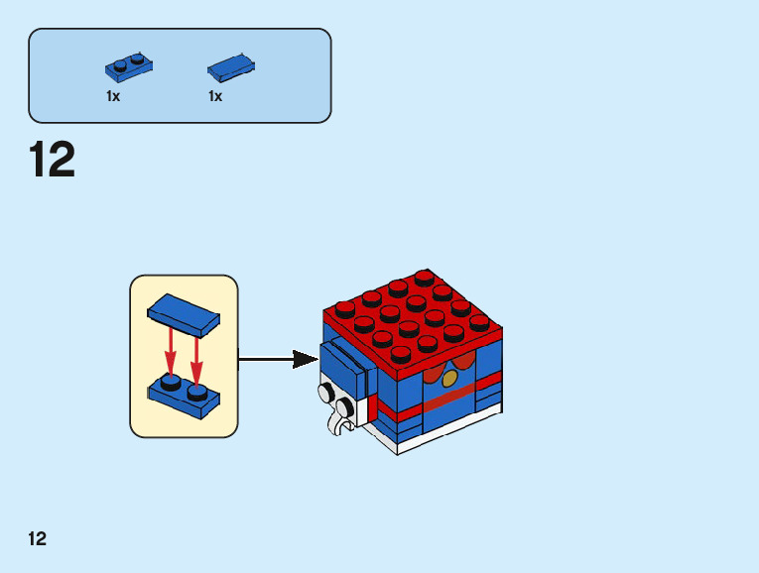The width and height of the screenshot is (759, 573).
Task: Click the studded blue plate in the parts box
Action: [129, 67]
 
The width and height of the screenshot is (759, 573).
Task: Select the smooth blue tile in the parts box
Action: [231, 66]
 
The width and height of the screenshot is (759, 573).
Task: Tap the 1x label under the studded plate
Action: [113, 97]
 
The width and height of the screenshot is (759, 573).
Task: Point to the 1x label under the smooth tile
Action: [215, 97]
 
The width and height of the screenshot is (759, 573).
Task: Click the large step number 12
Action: [52, 161]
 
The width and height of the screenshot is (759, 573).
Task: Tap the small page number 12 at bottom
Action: [38, 539]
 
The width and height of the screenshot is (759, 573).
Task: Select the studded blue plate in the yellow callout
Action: [185, 391]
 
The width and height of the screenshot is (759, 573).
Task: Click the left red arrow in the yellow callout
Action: [171, 351]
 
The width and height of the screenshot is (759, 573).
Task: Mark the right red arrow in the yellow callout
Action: [196, 357]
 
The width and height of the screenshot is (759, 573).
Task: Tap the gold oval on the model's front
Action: [450, 379]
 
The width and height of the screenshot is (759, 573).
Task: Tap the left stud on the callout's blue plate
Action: [172, 381]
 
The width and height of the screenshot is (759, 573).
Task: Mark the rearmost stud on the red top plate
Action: [426, 277]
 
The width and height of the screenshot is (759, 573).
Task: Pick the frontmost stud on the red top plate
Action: [401, 353]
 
